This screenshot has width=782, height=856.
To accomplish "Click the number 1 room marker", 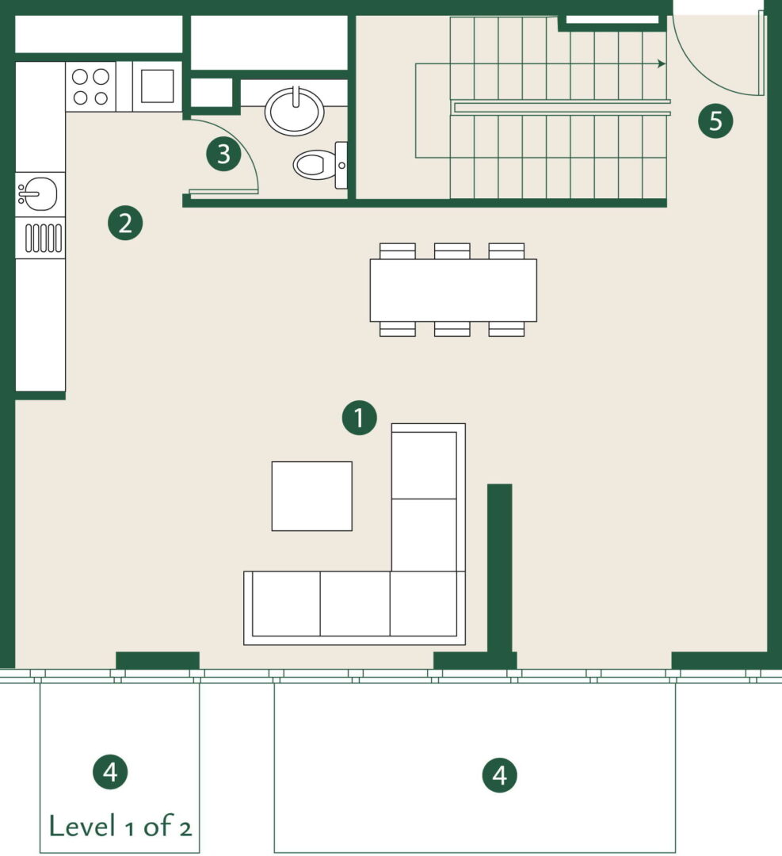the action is coord(359,418).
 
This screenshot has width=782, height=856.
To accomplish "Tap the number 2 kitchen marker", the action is coord(125,224).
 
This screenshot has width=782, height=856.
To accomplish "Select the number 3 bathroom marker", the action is coord(223,154).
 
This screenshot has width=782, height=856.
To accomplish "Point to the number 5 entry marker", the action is coord(715,120).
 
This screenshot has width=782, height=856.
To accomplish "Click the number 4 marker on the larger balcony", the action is coord(499,775).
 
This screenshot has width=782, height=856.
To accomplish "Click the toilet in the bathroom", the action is coord(321,165).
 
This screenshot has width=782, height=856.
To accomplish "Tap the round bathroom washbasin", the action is coord(295,112).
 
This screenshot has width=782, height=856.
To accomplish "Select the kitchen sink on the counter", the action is coord(38,194).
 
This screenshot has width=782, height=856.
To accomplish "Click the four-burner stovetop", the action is coord(90,86).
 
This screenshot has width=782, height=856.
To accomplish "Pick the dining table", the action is coord(453,290).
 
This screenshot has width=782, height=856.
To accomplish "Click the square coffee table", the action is coord(311,495).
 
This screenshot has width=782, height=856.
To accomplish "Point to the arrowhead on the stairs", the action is coord(662,64).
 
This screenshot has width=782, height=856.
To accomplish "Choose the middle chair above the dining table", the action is coord(452,251).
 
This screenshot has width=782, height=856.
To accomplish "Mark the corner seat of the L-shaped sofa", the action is coord(424,604).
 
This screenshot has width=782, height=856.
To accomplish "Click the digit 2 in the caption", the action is coord(185,829).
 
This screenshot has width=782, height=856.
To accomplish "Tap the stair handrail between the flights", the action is coord(562,108).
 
